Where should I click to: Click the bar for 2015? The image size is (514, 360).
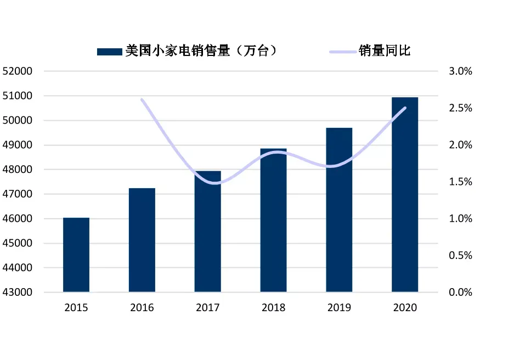point(76,255)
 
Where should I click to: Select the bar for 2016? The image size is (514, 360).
point(142,240)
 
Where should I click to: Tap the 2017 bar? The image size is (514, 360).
point(207,231)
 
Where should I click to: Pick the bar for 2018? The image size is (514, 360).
point(273,220)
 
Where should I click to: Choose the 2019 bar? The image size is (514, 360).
point(339,210)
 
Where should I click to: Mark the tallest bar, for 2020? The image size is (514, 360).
point(405,194)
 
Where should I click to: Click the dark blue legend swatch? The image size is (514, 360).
point(110,52)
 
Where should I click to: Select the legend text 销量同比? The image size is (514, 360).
point(385,51)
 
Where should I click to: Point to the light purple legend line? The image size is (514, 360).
point(343,52)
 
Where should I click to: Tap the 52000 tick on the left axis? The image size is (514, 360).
point(18,71)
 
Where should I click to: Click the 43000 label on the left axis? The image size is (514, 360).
point(18,292)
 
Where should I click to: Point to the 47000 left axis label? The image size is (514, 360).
point(18,194)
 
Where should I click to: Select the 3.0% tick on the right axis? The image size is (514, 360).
point(461,71)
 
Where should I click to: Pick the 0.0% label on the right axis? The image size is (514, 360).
point(461,292)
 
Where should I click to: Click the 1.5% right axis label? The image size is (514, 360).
point(461,182)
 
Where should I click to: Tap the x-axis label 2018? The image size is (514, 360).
point(273,307)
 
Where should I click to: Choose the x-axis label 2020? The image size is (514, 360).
point(405,307)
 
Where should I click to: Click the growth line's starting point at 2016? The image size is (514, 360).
point(142,99)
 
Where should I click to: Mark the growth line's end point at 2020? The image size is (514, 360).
point(405,108)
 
